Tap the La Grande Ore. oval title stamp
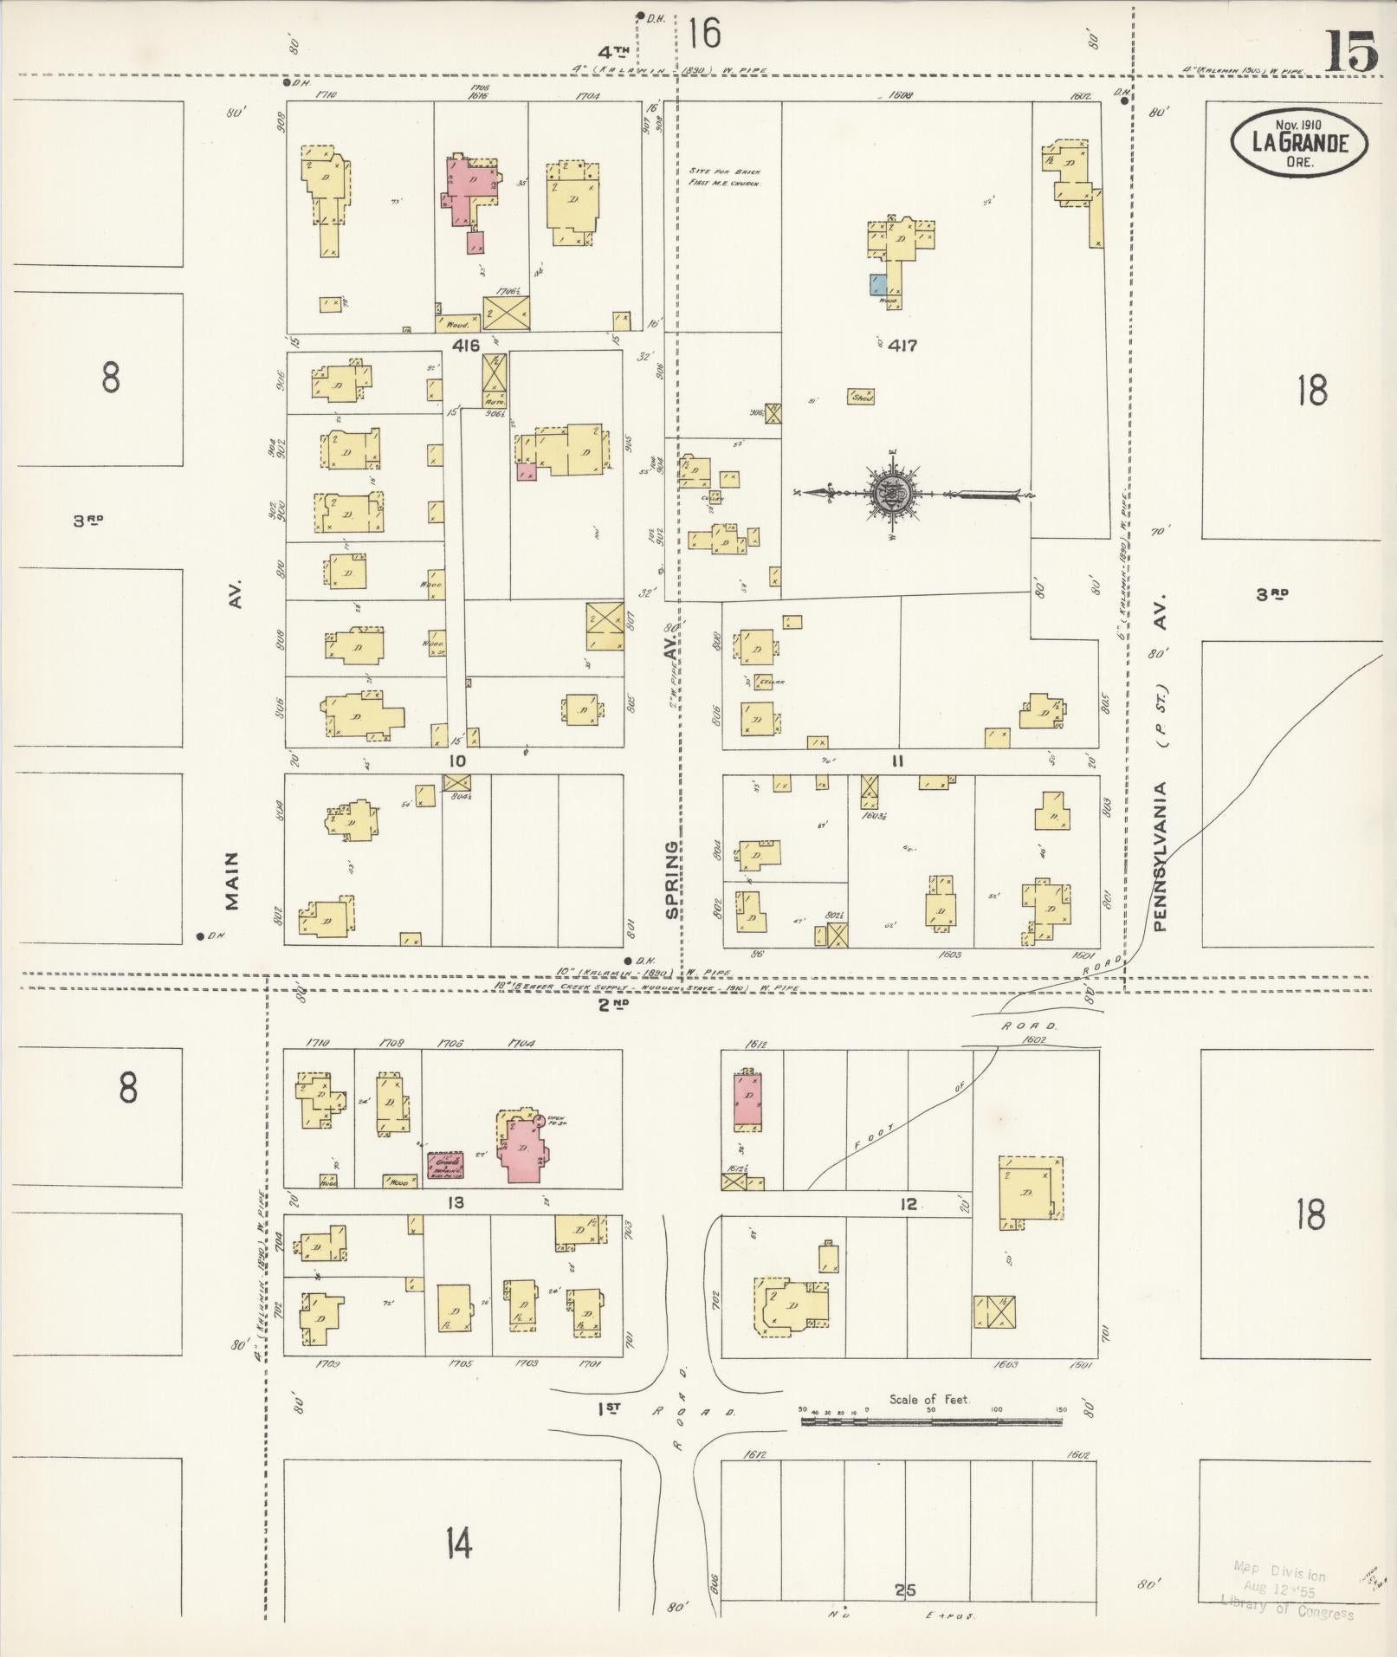1299,143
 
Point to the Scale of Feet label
929,1399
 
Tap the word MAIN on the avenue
231,880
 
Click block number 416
466,346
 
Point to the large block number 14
458,1542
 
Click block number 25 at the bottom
905,1589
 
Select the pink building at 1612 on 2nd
747,1101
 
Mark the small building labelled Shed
861,396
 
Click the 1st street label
610,1410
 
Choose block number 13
456,1202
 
